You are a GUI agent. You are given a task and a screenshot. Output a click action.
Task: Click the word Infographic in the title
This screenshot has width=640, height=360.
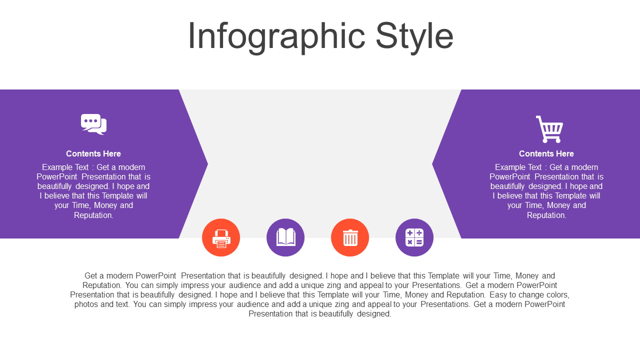(276, 36)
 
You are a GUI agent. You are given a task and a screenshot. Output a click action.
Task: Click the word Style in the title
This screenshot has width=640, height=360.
(414, 36)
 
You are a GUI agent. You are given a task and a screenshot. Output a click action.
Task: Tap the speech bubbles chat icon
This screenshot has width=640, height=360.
(93, 124)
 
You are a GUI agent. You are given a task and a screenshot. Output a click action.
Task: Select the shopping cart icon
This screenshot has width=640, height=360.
(549, 129)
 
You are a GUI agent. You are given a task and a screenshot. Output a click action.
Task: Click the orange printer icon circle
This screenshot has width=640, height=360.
(221, 237)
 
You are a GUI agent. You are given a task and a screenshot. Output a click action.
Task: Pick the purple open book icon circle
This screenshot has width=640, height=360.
(285, 237)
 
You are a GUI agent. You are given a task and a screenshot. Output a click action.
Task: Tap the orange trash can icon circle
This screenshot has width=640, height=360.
(350, 237)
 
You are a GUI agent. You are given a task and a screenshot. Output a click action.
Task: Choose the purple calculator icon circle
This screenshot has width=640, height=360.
(414, 237)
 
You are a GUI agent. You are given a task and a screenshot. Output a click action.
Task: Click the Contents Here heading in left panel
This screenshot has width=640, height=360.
(93, 153)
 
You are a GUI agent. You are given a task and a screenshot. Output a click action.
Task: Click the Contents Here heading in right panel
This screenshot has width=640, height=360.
(546, 153)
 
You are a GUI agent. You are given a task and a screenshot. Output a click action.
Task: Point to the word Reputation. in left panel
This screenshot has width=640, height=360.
(93, 215)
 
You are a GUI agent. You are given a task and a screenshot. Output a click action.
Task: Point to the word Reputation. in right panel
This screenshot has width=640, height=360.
(546, 215)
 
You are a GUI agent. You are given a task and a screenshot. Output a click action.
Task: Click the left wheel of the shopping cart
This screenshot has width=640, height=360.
(544, 140)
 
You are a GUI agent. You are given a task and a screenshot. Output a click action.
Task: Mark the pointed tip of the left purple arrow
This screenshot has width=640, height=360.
(207, 164)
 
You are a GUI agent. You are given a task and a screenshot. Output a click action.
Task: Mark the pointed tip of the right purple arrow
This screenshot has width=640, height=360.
(432, 164)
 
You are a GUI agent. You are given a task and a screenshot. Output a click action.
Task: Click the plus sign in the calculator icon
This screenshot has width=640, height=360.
(409, 233)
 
